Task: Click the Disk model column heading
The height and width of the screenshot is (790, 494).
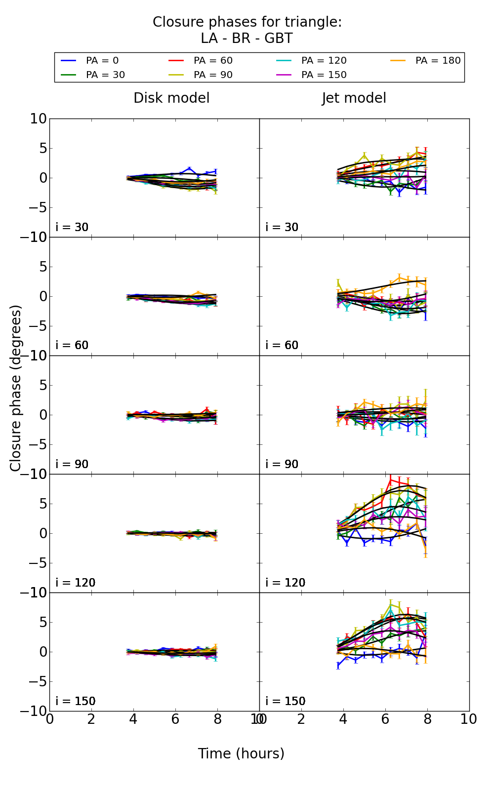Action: click(x=171, y=98)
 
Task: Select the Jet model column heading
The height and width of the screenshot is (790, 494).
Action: click(x=354, y=98)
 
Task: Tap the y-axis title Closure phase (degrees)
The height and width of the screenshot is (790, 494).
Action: click(x=16, y=388)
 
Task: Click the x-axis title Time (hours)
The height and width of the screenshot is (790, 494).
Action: click(x=241, y=754)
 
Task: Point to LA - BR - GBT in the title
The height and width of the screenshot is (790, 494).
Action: click(x=247, y=39)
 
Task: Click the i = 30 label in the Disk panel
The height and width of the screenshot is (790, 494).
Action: click(x=72, y=228)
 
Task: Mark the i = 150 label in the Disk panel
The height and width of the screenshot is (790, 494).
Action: click(x=75, y=702)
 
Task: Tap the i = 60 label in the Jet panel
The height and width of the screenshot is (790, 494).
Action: click(x=282, y=346)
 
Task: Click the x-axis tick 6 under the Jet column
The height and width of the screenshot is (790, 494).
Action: click(x=385, y=719)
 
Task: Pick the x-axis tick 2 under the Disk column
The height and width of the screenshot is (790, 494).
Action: click(x=91, y=719)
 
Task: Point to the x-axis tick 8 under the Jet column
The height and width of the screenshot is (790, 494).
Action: click(x=427, y=719)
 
